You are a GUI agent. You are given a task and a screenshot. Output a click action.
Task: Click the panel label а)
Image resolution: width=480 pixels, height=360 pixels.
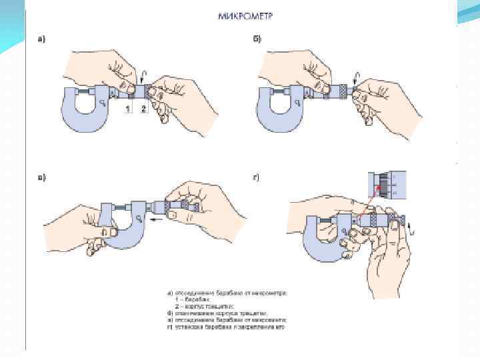coord(41,39)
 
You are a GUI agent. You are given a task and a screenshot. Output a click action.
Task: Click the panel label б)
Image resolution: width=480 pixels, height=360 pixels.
coord(257,39)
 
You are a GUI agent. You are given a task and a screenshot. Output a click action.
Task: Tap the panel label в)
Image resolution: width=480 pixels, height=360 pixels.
coord(41,179)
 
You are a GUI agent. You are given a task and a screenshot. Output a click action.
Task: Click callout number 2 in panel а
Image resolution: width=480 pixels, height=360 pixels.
coord(144,109)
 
